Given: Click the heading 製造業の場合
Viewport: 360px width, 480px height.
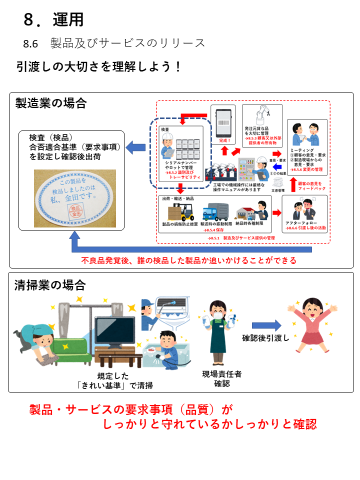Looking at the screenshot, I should (51, 103).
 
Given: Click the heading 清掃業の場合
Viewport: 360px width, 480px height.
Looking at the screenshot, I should (51, 285).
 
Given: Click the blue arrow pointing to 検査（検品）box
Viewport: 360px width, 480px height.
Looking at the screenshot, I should (135, 147).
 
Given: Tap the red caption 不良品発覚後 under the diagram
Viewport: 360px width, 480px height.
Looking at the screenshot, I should (188, 260).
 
